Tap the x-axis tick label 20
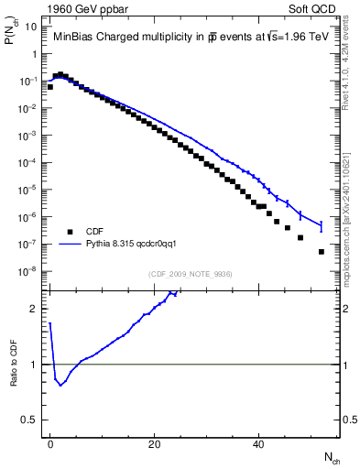155,444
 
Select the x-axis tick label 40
259,444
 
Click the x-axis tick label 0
50,444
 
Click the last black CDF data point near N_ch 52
322,251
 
